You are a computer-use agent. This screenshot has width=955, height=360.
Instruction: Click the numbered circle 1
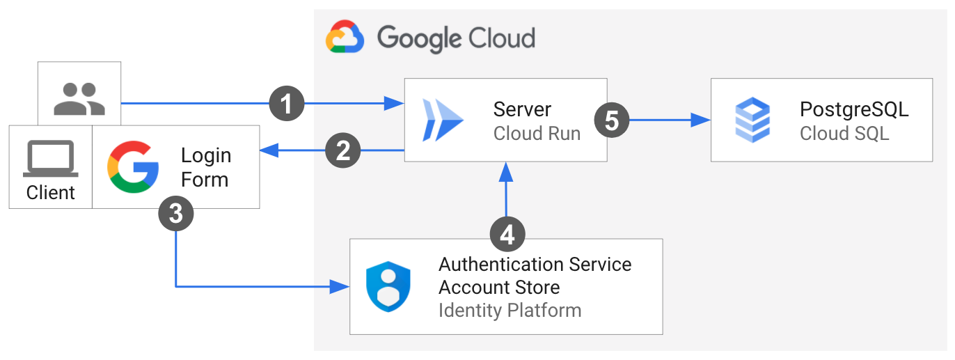click(x=287, y=104)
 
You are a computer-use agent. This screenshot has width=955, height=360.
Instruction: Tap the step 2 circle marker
click(x=342, y=150)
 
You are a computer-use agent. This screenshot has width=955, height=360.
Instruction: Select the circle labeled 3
click(x=176, y=213)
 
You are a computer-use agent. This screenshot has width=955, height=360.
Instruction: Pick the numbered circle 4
click(x=507, y=234)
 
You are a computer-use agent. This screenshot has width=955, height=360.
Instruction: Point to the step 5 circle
click(x=611, y=120)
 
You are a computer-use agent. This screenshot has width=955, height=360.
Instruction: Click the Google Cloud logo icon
click(x=345, y=37)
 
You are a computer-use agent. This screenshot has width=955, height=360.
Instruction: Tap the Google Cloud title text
click(x=456, y=38)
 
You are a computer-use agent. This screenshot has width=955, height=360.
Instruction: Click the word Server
click(x=522, y=109)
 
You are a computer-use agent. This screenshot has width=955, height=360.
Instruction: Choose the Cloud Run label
click(x=537, y=133)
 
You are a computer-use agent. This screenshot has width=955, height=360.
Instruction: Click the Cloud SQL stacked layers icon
click(x=752, y=120)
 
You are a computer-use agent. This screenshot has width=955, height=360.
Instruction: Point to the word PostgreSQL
click(x=854, y=109)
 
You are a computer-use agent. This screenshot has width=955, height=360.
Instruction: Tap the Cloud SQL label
click(x=844, y=133)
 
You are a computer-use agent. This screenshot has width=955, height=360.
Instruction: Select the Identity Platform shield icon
click(x=388, y=286)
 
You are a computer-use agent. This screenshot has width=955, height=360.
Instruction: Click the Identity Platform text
click(x=510, y=310)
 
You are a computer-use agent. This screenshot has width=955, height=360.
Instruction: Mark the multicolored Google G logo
click(x=133, y=166)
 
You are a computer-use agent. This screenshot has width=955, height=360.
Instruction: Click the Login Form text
click(x=205, y=167)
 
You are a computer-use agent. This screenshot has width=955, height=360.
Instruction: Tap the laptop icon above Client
click(x=51, y=159)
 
